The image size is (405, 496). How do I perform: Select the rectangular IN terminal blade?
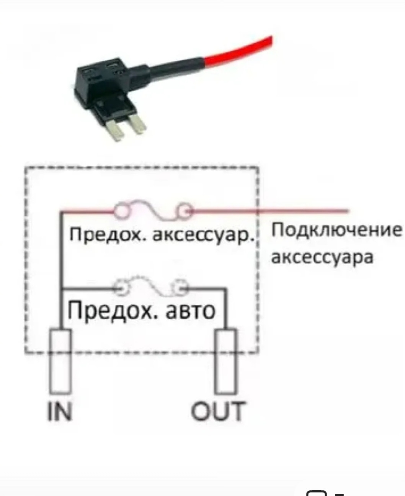(x=61, y=360)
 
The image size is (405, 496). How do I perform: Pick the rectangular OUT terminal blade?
(x=225, y=361)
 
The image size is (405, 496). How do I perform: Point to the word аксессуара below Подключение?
(x=322, y=257)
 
